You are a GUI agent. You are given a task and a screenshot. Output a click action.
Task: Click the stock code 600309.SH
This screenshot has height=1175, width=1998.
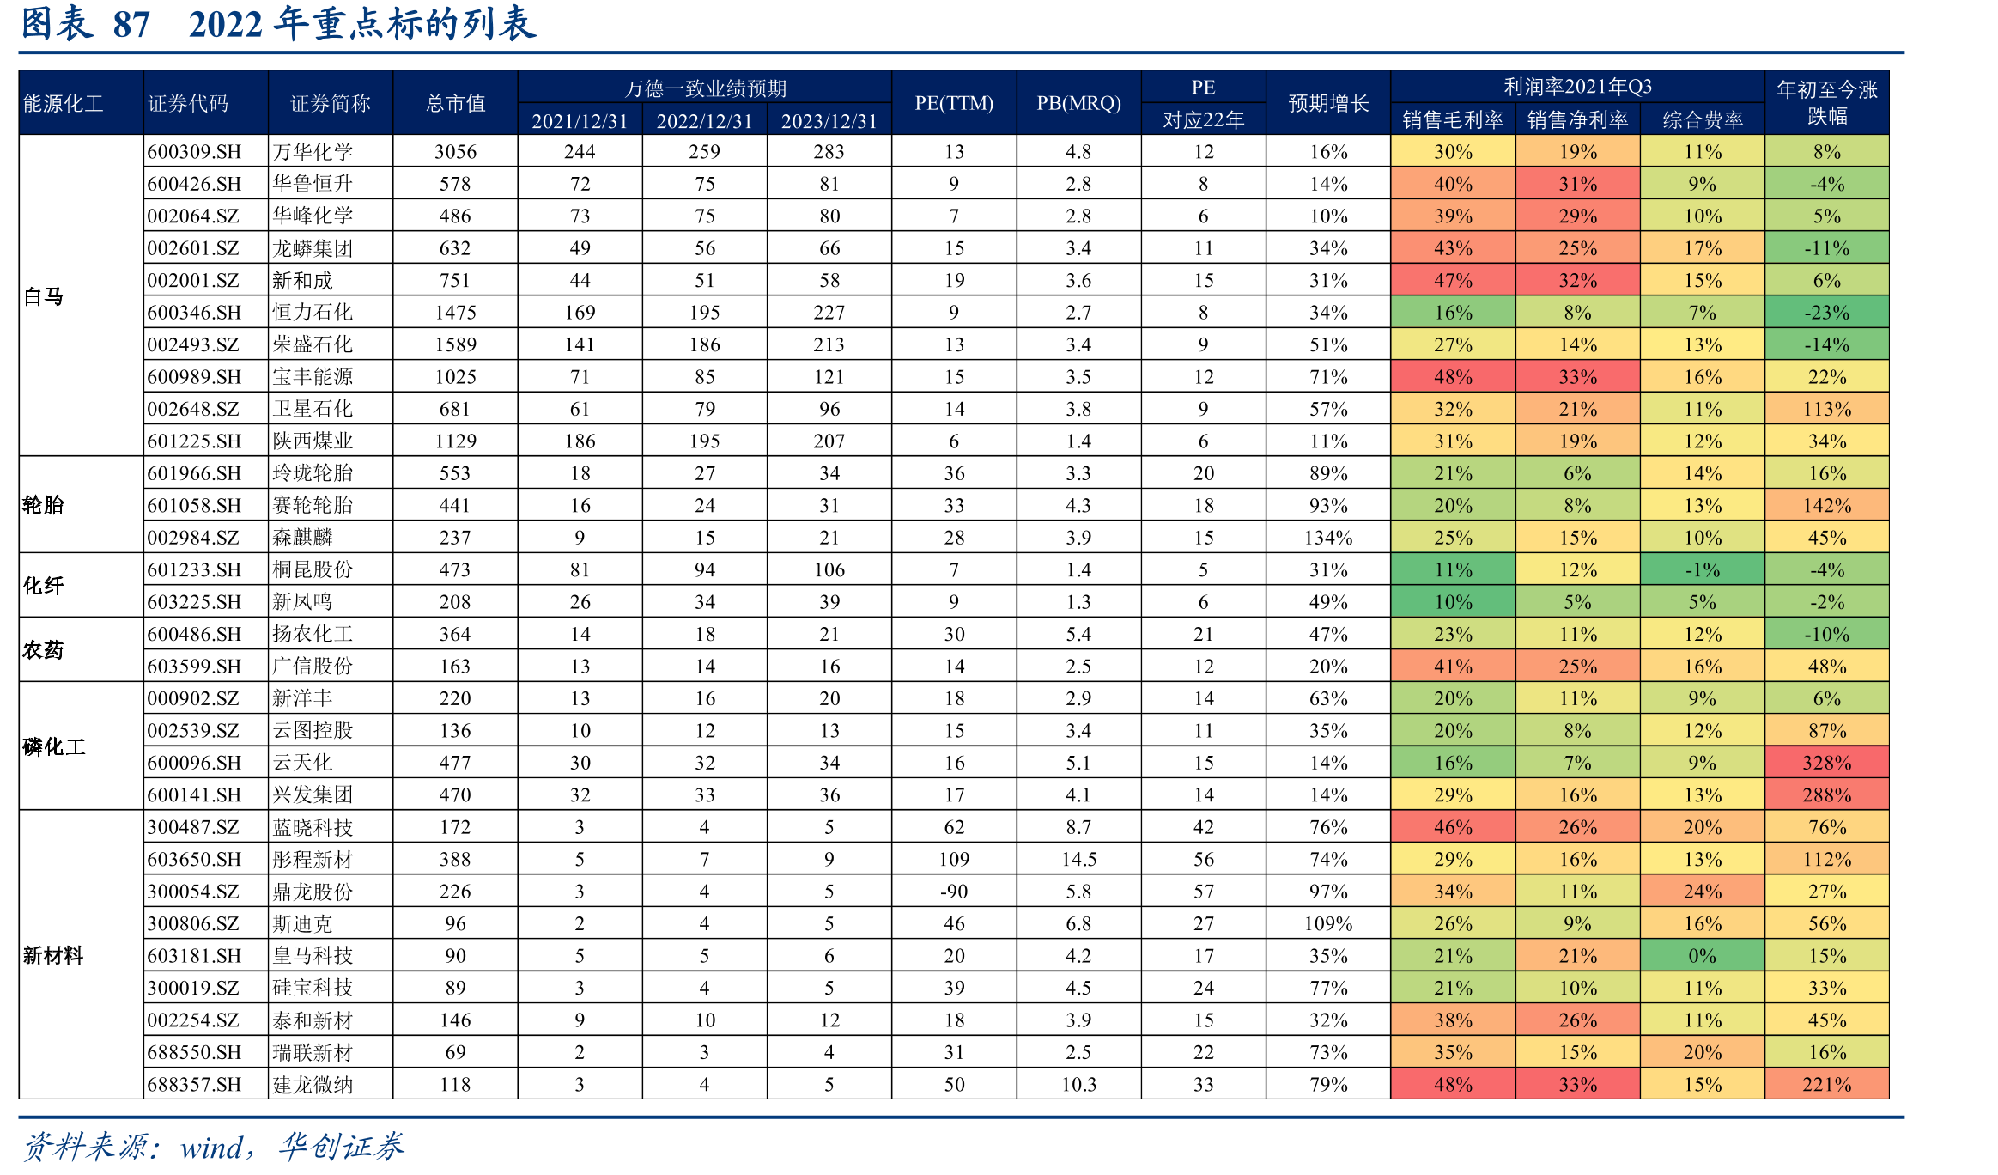[194, 152]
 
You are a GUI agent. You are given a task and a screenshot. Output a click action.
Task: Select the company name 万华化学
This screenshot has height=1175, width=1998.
[313, 152]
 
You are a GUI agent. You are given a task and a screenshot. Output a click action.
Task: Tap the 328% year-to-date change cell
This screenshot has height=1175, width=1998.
[1827, 763]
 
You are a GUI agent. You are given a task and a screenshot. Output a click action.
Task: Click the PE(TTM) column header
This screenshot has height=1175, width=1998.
[954, 103]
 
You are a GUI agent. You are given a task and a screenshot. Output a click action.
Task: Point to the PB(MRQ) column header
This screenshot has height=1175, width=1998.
[1078, 103]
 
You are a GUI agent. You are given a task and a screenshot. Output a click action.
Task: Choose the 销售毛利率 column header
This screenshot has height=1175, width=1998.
[1453, 119]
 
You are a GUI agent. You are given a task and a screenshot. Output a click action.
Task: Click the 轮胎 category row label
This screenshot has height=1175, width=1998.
[43, 505]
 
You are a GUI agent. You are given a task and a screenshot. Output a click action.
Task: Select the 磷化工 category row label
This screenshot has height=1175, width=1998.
[54, 746]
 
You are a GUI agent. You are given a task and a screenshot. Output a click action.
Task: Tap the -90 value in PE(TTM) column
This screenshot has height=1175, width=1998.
[954, 892]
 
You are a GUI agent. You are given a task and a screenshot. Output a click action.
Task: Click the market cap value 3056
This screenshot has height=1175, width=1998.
[455, 152]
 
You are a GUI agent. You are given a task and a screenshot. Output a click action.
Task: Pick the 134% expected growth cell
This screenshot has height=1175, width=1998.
[1328, 538]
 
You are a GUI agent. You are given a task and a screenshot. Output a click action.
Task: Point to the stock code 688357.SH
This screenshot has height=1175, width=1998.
[194, 1085]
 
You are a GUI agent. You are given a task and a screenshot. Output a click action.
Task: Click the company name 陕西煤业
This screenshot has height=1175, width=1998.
[313, 441]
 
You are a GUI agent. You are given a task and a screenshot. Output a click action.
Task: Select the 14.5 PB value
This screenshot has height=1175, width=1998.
[1078, 860]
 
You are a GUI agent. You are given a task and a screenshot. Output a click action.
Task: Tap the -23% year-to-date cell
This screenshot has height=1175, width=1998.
[1827, 313]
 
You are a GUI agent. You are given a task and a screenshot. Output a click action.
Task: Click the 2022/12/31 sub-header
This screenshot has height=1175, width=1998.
[704, 121]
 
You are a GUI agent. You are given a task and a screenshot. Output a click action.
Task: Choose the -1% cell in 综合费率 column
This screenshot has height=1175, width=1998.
[1703, 570]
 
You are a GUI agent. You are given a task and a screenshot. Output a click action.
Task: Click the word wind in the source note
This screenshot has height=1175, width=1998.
[211, 1148]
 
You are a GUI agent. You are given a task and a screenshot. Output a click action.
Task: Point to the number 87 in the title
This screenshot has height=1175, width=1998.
[131, 24]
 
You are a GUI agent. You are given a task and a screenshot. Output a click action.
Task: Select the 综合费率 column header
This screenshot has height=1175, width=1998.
[1703, 119]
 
